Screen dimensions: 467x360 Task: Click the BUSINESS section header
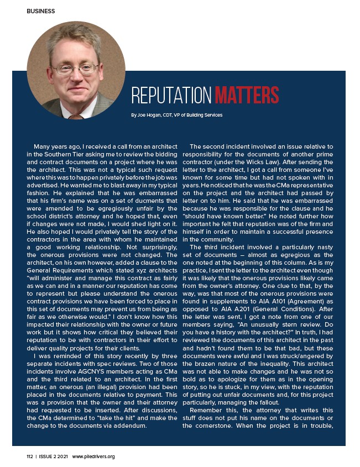click(40, 11)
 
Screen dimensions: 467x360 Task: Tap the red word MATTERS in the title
click(246, 96)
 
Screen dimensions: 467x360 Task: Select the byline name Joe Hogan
click(148, 115)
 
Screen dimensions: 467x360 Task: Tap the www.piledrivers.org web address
click(93, 456)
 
